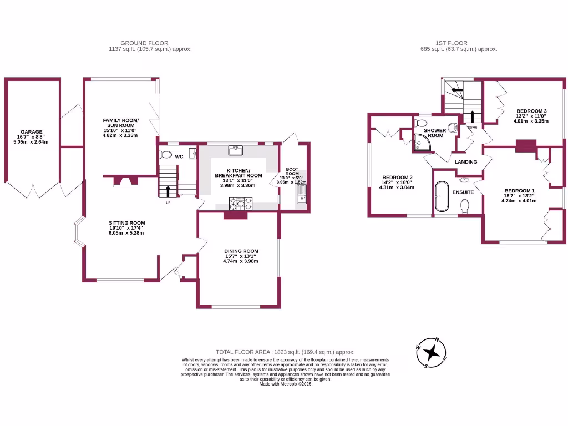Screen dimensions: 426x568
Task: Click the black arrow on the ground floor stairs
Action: coord(168,191)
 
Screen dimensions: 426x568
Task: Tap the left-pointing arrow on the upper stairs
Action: coord(457,89)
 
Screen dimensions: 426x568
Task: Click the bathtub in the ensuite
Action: coord(442,196)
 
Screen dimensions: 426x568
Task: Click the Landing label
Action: coord(466,162)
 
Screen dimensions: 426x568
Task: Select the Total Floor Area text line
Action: coord(285,352)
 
